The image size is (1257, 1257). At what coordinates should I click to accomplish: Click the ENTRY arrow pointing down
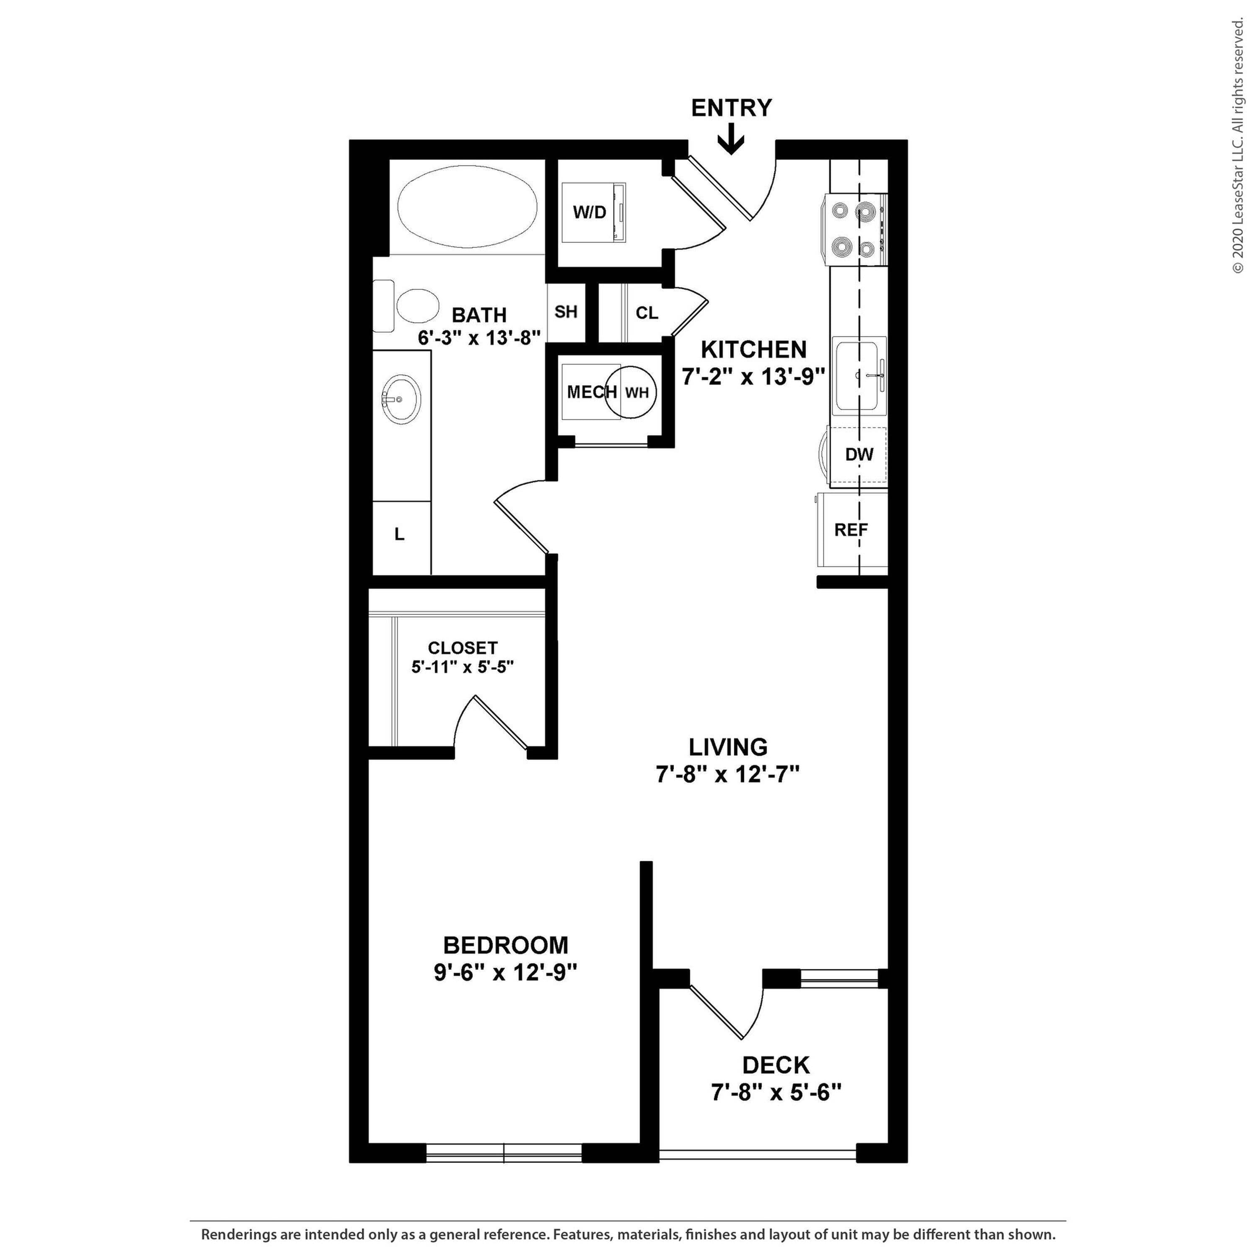(731, 139)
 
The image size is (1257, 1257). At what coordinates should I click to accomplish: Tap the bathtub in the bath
(468, 207)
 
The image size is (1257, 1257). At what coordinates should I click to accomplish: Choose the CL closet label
(647, 313)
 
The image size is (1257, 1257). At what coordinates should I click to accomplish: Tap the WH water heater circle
(631, 392)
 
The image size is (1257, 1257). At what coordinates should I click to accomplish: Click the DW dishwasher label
(859, 454)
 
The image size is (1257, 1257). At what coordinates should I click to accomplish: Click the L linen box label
(399, 534)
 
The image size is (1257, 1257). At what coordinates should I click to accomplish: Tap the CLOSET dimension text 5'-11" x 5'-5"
(463, 667)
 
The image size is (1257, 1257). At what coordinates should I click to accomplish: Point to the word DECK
(776, 1065)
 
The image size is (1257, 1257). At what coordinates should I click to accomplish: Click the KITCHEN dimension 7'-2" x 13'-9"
(753, 377)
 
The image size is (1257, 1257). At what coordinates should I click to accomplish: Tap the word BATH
(479, 315)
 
